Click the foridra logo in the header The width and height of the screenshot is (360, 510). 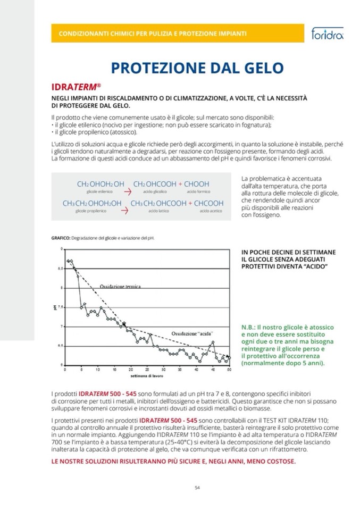(327, 34)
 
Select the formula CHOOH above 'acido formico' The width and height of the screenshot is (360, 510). (197, 184)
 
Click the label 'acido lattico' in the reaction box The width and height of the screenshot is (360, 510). (157, 211)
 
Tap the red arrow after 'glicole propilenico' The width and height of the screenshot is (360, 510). (124, 210)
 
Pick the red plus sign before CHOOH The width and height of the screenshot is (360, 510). (180, 184)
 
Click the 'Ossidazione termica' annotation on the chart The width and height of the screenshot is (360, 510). (120, 286)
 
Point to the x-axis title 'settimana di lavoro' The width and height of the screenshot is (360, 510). (147, 375)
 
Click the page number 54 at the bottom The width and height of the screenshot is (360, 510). (197, 487)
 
